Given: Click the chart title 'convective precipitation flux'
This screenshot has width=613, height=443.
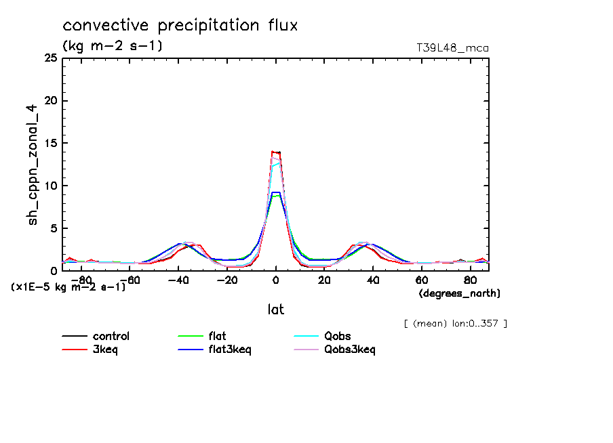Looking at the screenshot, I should (x=180, y=26).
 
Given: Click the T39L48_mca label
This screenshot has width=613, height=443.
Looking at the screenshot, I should (x=452, y=48).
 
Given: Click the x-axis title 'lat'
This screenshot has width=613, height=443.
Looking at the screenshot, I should (x=275, y=310).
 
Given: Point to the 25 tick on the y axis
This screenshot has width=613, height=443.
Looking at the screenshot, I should (x=50, y=58).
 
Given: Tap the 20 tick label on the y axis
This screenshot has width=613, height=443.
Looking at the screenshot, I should (x=50, y=101).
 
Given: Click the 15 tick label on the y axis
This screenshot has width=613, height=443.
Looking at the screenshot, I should (x=50, y=144).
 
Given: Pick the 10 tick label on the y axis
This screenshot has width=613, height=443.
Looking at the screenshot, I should (x=50, y=186).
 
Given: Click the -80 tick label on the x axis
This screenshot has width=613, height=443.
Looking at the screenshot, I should (x=81, y=280).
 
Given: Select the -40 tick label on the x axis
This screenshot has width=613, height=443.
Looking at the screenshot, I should (x=178, y=280).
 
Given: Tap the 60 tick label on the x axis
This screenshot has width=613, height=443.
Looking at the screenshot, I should (x=421, y=280).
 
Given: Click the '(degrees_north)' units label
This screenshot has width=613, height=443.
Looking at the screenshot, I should (x=460, y=293).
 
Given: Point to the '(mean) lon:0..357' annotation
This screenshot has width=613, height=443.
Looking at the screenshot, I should (x=455, y=323).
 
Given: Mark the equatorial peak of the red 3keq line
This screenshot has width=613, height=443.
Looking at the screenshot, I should (x=275, y=152).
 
